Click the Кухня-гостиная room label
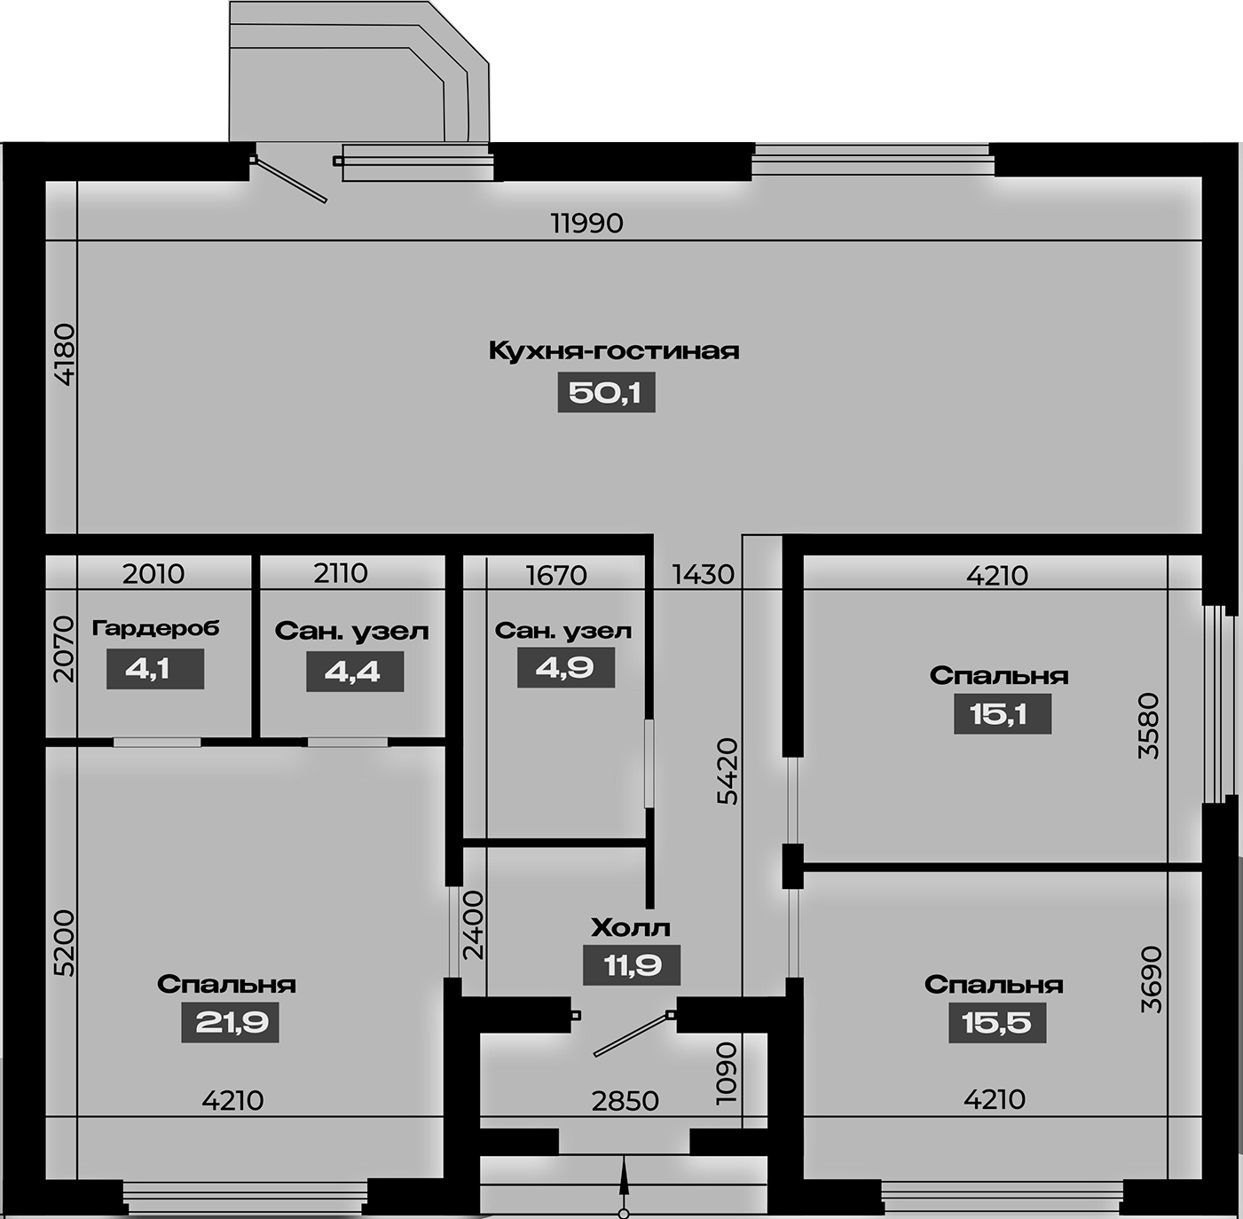[x=613, y=351]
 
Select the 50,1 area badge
[x=606, y=392]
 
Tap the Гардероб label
[x=155, y=628]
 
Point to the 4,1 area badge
[x=154, y=669]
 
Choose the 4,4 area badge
[x=355, y=671]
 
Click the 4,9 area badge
[x=566, y=667]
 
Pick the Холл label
[x=631, y=929]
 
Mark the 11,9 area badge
[x=632, y=965]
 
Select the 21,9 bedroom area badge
[x=231, y=1022]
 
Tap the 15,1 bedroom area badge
[x=1003, y=713]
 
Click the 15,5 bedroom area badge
[x=997, y=1022]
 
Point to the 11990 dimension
[x=587, y=224]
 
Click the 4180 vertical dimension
[x=65, y=355]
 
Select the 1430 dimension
[x=703, y=574]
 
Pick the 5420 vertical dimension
[x=727, y=772]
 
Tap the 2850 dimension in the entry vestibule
[x=625, y=1101]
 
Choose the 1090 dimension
[x=727, y=1074]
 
